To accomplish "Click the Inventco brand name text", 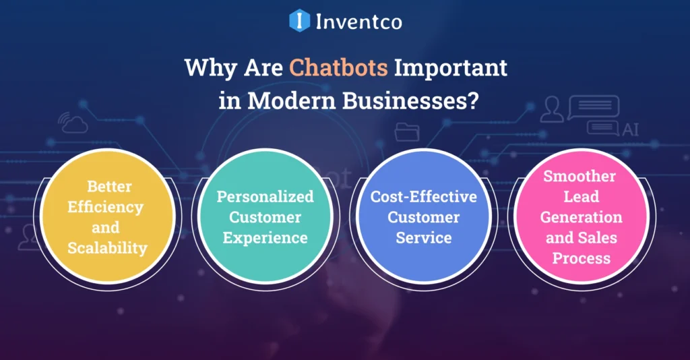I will click(x=359, y=22).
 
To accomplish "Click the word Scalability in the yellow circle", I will click(x=107, y=247).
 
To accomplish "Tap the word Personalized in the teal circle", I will click(x=265, y=196).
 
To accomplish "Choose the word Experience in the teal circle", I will click(x=265, y=237).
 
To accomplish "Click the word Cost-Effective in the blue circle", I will click(x=424, y=196).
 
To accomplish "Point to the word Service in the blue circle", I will click(x=424, y=237).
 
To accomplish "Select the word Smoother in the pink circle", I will click(x=579, y=176).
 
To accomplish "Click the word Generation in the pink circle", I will click(x=579, y=217).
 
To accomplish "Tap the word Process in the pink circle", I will click(x=579, y=258).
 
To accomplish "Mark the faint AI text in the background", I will click(x=631, y=129).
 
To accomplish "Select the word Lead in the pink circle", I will click(x=579, y=197).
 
